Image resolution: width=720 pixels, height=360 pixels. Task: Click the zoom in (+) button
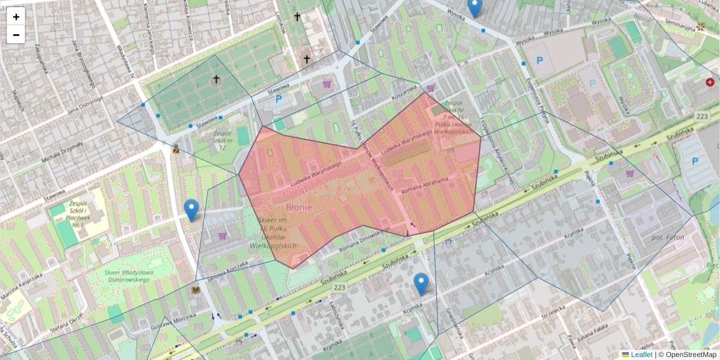[x=16, y=17]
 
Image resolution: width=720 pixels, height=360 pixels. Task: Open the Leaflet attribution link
[x=641, y=355]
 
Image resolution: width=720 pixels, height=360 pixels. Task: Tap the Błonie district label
[x=298, y=207]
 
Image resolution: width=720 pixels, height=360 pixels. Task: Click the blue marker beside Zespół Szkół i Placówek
[x=191, y=210]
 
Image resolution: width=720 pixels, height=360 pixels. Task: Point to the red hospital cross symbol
[x=710, y=82]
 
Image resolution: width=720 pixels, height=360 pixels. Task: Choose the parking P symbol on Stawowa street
[x=278, y=99]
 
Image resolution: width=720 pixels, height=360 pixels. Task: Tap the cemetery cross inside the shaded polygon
[x=216, y=79]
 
